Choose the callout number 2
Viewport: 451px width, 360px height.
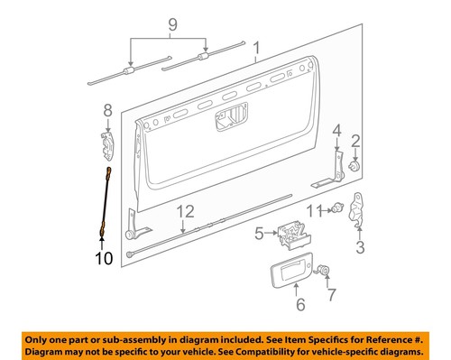[355, 140]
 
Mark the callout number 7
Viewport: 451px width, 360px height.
[330, 294]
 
